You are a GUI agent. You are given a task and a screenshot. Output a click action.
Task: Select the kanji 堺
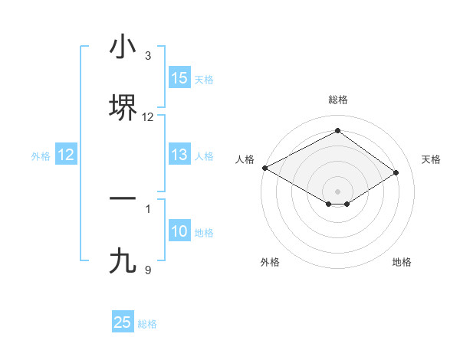123,106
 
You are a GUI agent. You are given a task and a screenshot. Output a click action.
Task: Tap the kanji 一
123,198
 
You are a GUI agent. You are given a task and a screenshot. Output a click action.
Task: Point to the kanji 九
123,261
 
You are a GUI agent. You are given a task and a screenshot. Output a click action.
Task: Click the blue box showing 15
179,78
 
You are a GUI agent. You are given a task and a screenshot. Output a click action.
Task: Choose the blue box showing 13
179,155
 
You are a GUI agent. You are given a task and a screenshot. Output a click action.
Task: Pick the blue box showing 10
179,232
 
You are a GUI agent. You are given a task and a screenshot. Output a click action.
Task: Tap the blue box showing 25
123,322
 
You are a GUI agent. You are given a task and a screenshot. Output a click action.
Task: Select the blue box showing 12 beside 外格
66,155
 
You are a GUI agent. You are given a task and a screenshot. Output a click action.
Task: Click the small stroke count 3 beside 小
148,56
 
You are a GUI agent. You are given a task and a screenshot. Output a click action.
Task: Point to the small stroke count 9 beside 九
148,270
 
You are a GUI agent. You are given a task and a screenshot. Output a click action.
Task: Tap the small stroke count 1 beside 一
148,208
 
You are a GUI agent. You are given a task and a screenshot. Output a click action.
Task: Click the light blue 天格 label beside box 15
204,79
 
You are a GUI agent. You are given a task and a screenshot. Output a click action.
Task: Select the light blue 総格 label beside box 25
147,323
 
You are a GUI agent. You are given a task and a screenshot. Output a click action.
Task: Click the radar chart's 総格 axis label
338,100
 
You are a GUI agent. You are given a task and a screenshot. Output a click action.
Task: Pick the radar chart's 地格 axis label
402,263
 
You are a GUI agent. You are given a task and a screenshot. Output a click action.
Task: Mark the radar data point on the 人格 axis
264,168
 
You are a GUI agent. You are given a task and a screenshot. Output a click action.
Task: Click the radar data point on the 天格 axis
396,173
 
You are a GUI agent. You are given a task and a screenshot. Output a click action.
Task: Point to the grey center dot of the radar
338,191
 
